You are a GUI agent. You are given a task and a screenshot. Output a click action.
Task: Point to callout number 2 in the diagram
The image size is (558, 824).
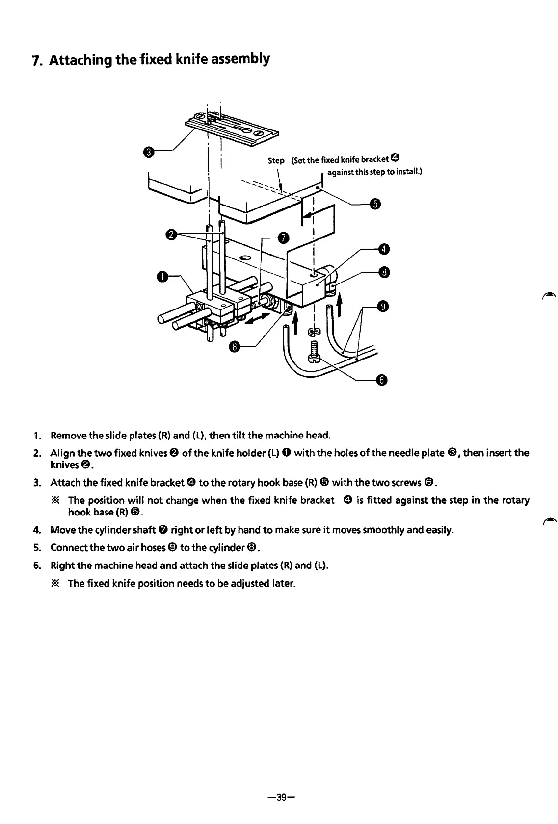[172, 235]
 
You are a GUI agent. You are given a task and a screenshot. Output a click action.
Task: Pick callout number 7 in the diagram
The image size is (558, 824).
[283, 237]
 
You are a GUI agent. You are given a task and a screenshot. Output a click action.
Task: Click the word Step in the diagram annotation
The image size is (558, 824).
[276, 160]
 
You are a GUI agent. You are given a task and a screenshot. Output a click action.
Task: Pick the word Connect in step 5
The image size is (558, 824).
[69, 547]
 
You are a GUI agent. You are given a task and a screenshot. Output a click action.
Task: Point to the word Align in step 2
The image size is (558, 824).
[62, 452]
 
